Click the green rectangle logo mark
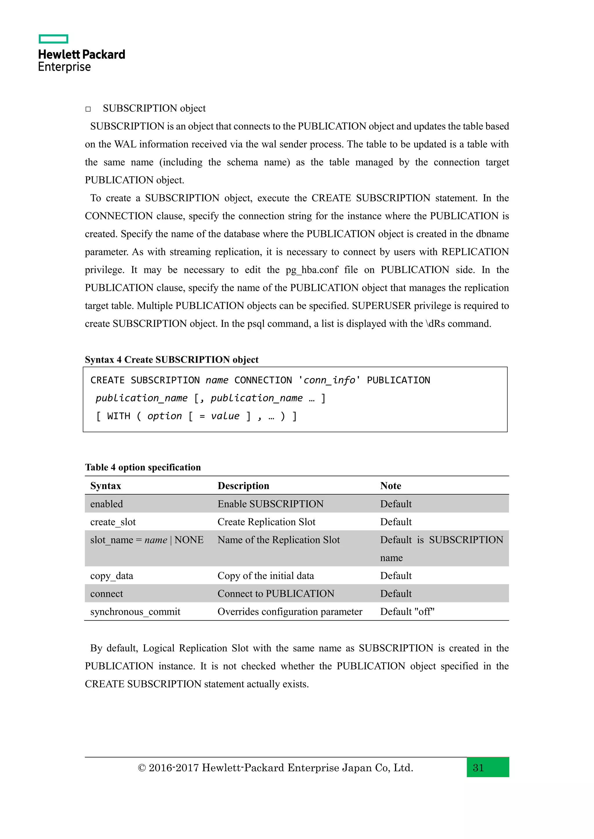pyautogui.click(x=53, y=39)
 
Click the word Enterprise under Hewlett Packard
pyautogui.click(x=64, y=67)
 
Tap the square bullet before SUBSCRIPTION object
pyautogui.click(x=88, y=109)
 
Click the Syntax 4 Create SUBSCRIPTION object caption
pyautogui.click(x=171, y=360)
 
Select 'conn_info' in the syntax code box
pyautogui.click(x=329, y=380)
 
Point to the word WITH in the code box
pyautogui.click(x=119, y=416)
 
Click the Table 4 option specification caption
pyautogui.click(x=143, y=467)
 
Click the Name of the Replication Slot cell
pyautogui.click(x=278, y=540)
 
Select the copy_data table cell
pyautogui.click(x=112, y=576)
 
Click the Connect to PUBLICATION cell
pyautogui.click(x=276, y=594)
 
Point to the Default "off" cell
pyautogui.click(x=407, y=612)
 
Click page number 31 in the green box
pyautogui.click(x=478, y=768)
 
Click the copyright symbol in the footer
pyautogui.click(x=142, y=768)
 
